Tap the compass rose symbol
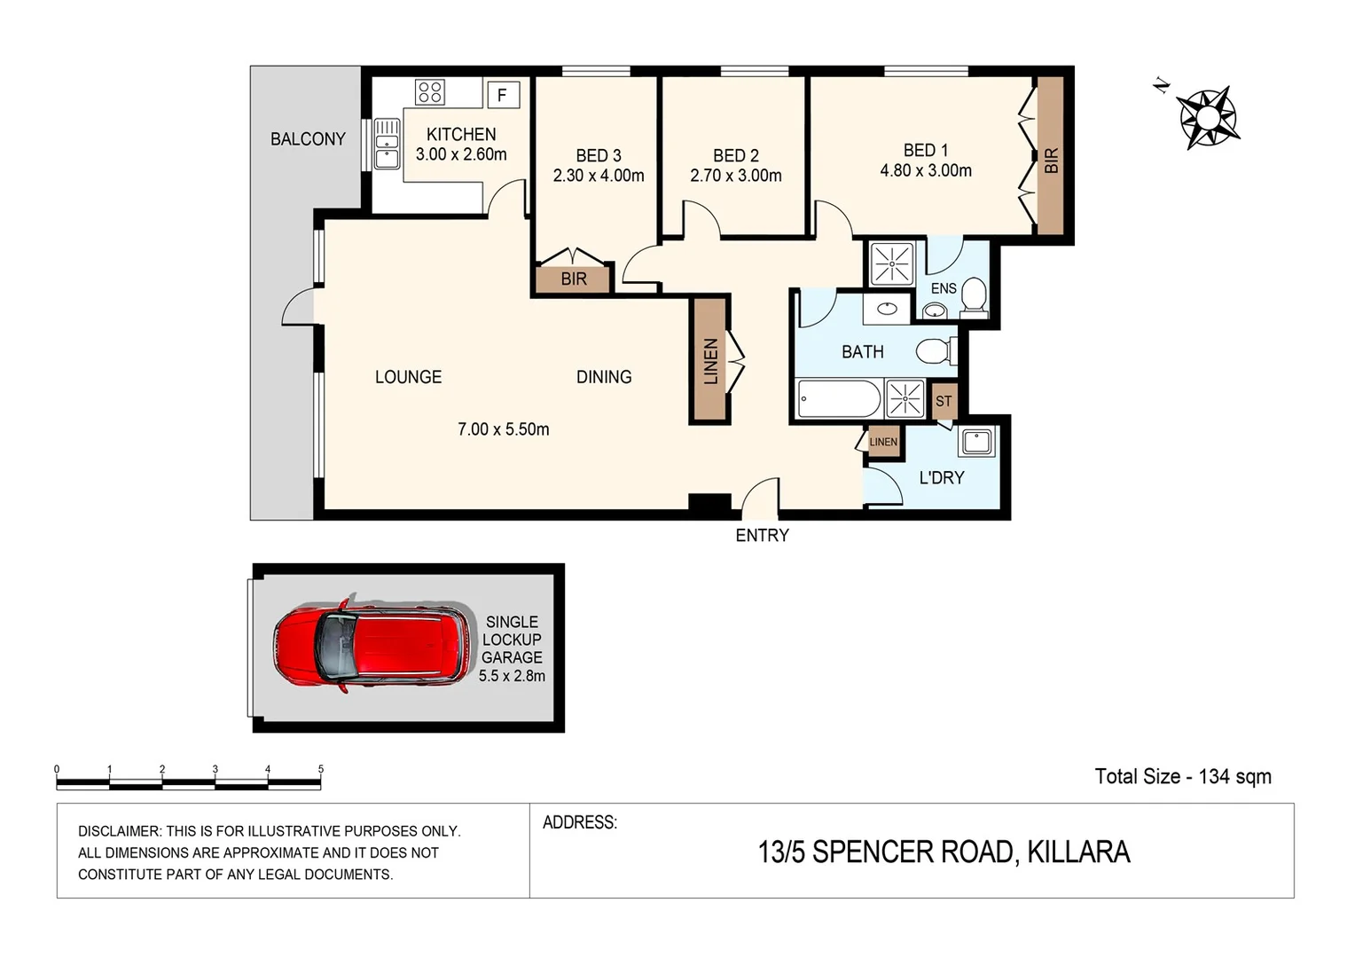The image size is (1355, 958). (1207, 116)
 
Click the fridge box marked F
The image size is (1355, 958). (502, 94)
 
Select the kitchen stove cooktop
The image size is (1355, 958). (430, 92)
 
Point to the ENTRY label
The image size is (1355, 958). (762, 536)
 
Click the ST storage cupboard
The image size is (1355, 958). (944, 401)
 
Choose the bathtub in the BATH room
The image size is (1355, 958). (839, 398)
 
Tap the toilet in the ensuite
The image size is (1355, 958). (974, 298)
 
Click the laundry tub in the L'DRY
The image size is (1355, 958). (976, 441)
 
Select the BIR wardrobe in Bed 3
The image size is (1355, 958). (574, 279)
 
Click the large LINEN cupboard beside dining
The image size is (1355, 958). (709, 360)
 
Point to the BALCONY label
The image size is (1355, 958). (308, 139)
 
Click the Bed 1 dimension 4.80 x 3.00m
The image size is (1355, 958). (926, 170)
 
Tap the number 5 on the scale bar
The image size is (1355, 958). (321, 769)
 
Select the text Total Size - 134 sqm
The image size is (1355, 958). (1182, 777)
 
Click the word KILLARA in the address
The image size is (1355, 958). (1078, 852)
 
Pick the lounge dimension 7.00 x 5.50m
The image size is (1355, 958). (503, 429)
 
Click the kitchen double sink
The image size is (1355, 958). (387, 145)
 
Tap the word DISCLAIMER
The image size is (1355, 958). (119, 831)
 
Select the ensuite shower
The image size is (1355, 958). (891, 263)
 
